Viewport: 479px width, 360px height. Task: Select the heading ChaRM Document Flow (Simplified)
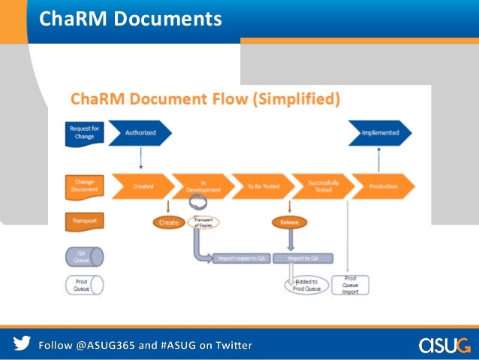click(x=205, y=99)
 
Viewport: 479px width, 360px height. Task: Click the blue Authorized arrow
click(x=140, y=133)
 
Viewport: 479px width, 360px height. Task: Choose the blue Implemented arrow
click(x=380, y=133)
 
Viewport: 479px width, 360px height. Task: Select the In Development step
click(x=203, y=186)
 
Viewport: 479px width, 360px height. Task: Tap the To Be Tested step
click(x=262, y=186)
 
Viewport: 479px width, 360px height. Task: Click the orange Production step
click(x=382, y=186)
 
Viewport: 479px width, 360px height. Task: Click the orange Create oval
click(x=169, y=222)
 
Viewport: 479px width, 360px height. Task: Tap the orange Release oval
click(x=289, y=222)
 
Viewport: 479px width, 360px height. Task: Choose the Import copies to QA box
click(x=239, y=259)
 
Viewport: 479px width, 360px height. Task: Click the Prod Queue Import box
click(x=351, y=284)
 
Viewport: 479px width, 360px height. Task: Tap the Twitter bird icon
click(x=22, y=344)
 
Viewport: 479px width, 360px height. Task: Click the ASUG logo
click(x=443, y=344)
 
